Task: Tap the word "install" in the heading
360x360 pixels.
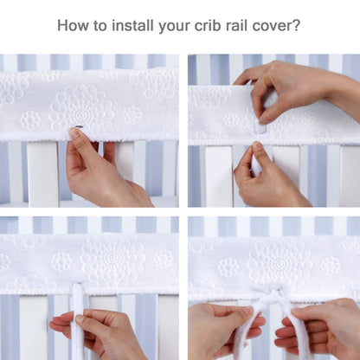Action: pyautogui.click(x=132, y=25)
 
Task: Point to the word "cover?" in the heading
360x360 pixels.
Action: pyautogui.click(x=276, y=25)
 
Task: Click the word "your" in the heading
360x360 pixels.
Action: pyautogui.click(x=174, y=27)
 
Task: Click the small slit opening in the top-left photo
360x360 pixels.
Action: pyautogui.click(x=78, y=126)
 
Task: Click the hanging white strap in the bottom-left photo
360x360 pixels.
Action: pyautogui.click(x=78, y=320)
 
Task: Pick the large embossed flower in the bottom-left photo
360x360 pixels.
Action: pyautogui.click(x=112, y=257)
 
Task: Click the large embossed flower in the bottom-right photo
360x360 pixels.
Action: pyautogui.click(x=280, y=263)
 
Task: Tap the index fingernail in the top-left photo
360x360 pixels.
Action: pyautogui.click(x=74, y=132)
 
